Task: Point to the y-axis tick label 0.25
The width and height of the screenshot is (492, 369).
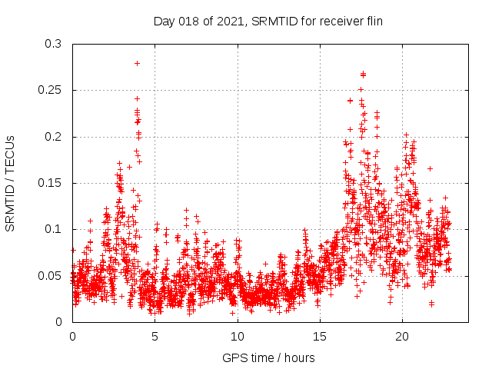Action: (x=52, y=91)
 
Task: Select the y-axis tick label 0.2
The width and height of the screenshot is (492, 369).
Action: (x=55, y=137)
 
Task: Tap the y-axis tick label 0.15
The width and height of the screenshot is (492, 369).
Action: (x=52, y=183)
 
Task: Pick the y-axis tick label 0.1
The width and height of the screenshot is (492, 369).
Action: (x=55, y=229)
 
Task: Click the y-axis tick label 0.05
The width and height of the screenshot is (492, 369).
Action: (x=52, y=275)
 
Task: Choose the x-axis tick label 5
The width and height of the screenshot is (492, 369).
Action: (x=155, y=337)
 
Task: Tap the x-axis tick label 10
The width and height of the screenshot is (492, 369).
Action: (x=238, y=337)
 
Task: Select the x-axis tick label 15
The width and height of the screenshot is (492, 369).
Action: (x=320, y=337)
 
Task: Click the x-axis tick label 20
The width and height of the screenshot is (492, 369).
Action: (x=402, y=337)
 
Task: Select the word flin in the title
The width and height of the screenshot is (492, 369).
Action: (x=373, y=21)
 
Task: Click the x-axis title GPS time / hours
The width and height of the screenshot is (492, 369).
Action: (x=268, y=357)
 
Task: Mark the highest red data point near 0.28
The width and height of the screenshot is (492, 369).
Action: (x=137, y=63)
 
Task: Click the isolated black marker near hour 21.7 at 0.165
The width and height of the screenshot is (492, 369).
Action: (x=430, y=168)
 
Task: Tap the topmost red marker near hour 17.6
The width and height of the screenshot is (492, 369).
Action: (x=363, y=74)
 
